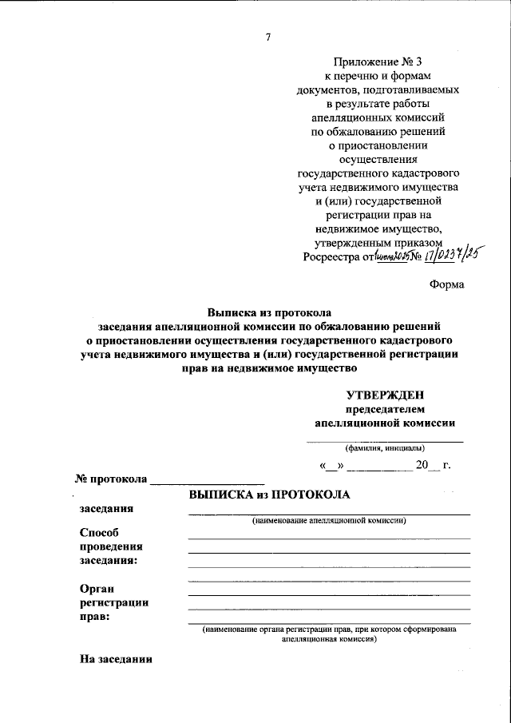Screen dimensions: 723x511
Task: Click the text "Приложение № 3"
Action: (x=378, y=62)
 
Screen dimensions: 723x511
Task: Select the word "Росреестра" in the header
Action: (x=332, y=257)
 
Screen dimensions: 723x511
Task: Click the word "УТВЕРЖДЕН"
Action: (x=386, y=394)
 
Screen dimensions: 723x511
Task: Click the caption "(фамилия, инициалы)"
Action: (x=385, y=448)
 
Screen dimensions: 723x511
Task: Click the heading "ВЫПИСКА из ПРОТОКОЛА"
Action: (x=270, y=495)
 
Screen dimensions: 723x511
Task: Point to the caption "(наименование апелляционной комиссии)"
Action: (x=329, y=521)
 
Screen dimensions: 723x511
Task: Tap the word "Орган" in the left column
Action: (x=98, y=588)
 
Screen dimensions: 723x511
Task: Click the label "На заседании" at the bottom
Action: (x=117, y=659)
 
